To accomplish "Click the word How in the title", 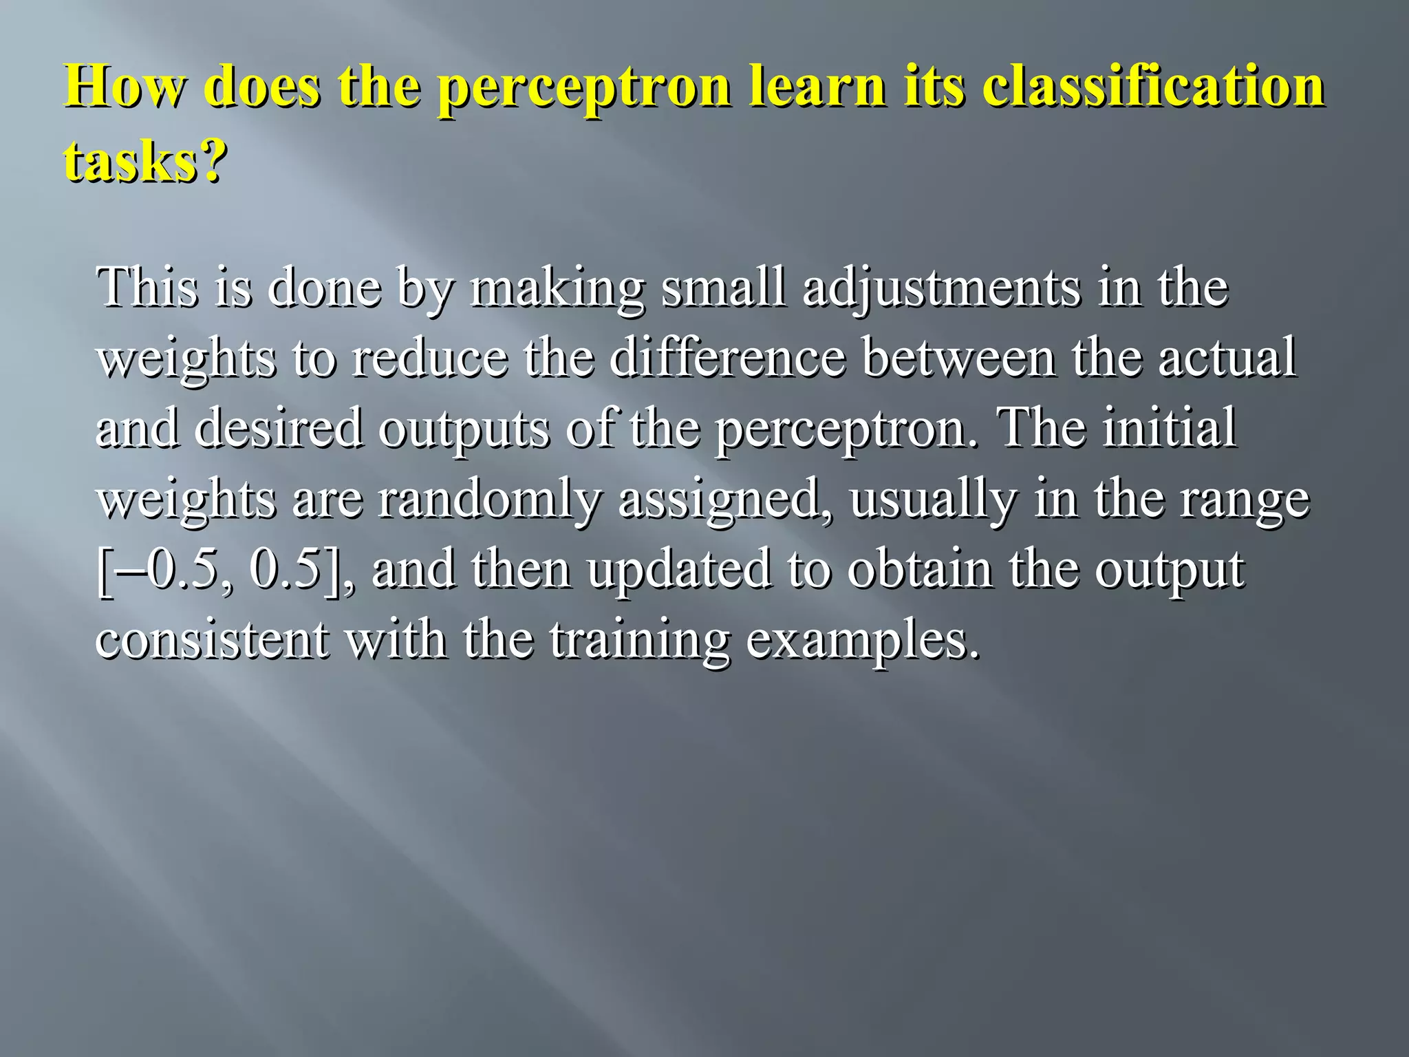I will click(125, 87).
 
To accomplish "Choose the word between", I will click(959, 358).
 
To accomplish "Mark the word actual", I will click(1227, 358).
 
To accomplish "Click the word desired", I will click(279, 428).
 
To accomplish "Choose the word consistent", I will click(212, 639).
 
